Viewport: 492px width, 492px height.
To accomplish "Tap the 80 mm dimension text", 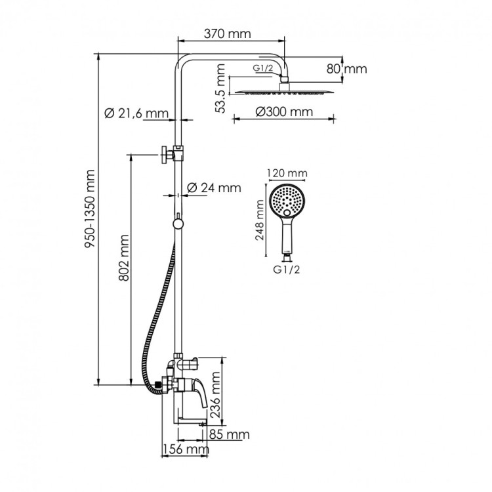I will [346, 68].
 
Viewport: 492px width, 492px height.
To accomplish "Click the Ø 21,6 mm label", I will [136, 114].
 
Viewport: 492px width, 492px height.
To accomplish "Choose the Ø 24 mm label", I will [214, 188].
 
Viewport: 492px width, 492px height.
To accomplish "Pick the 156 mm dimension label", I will [185, 450].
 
